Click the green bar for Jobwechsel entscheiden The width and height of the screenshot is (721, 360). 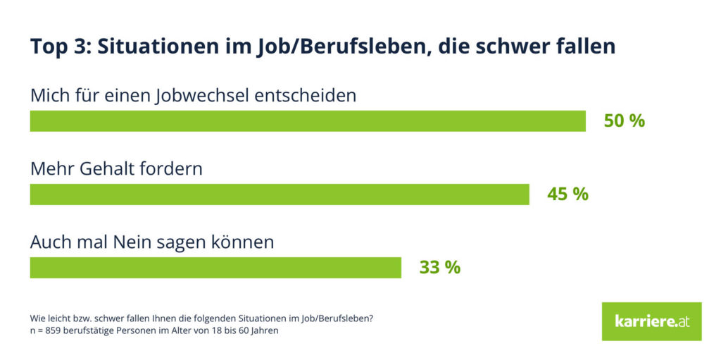(x=308, y=121)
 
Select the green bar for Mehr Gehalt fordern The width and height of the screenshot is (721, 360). (x=279, y=194)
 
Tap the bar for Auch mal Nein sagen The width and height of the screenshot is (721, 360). (x=215, y=268)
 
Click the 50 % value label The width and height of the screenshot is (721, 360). (x=624, y=121)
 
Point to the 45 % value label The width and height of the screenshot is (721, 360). (x=568, y=194)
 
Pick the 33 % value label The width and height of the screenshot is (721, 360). (x=440, y=268)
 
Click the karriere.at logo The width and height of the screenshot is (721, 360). (x=651, y=321)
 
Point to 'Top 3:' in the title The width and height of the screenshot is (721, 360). (x=59, y=46)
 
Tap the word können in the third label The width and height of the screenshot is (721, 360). (x=244, y=242)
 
